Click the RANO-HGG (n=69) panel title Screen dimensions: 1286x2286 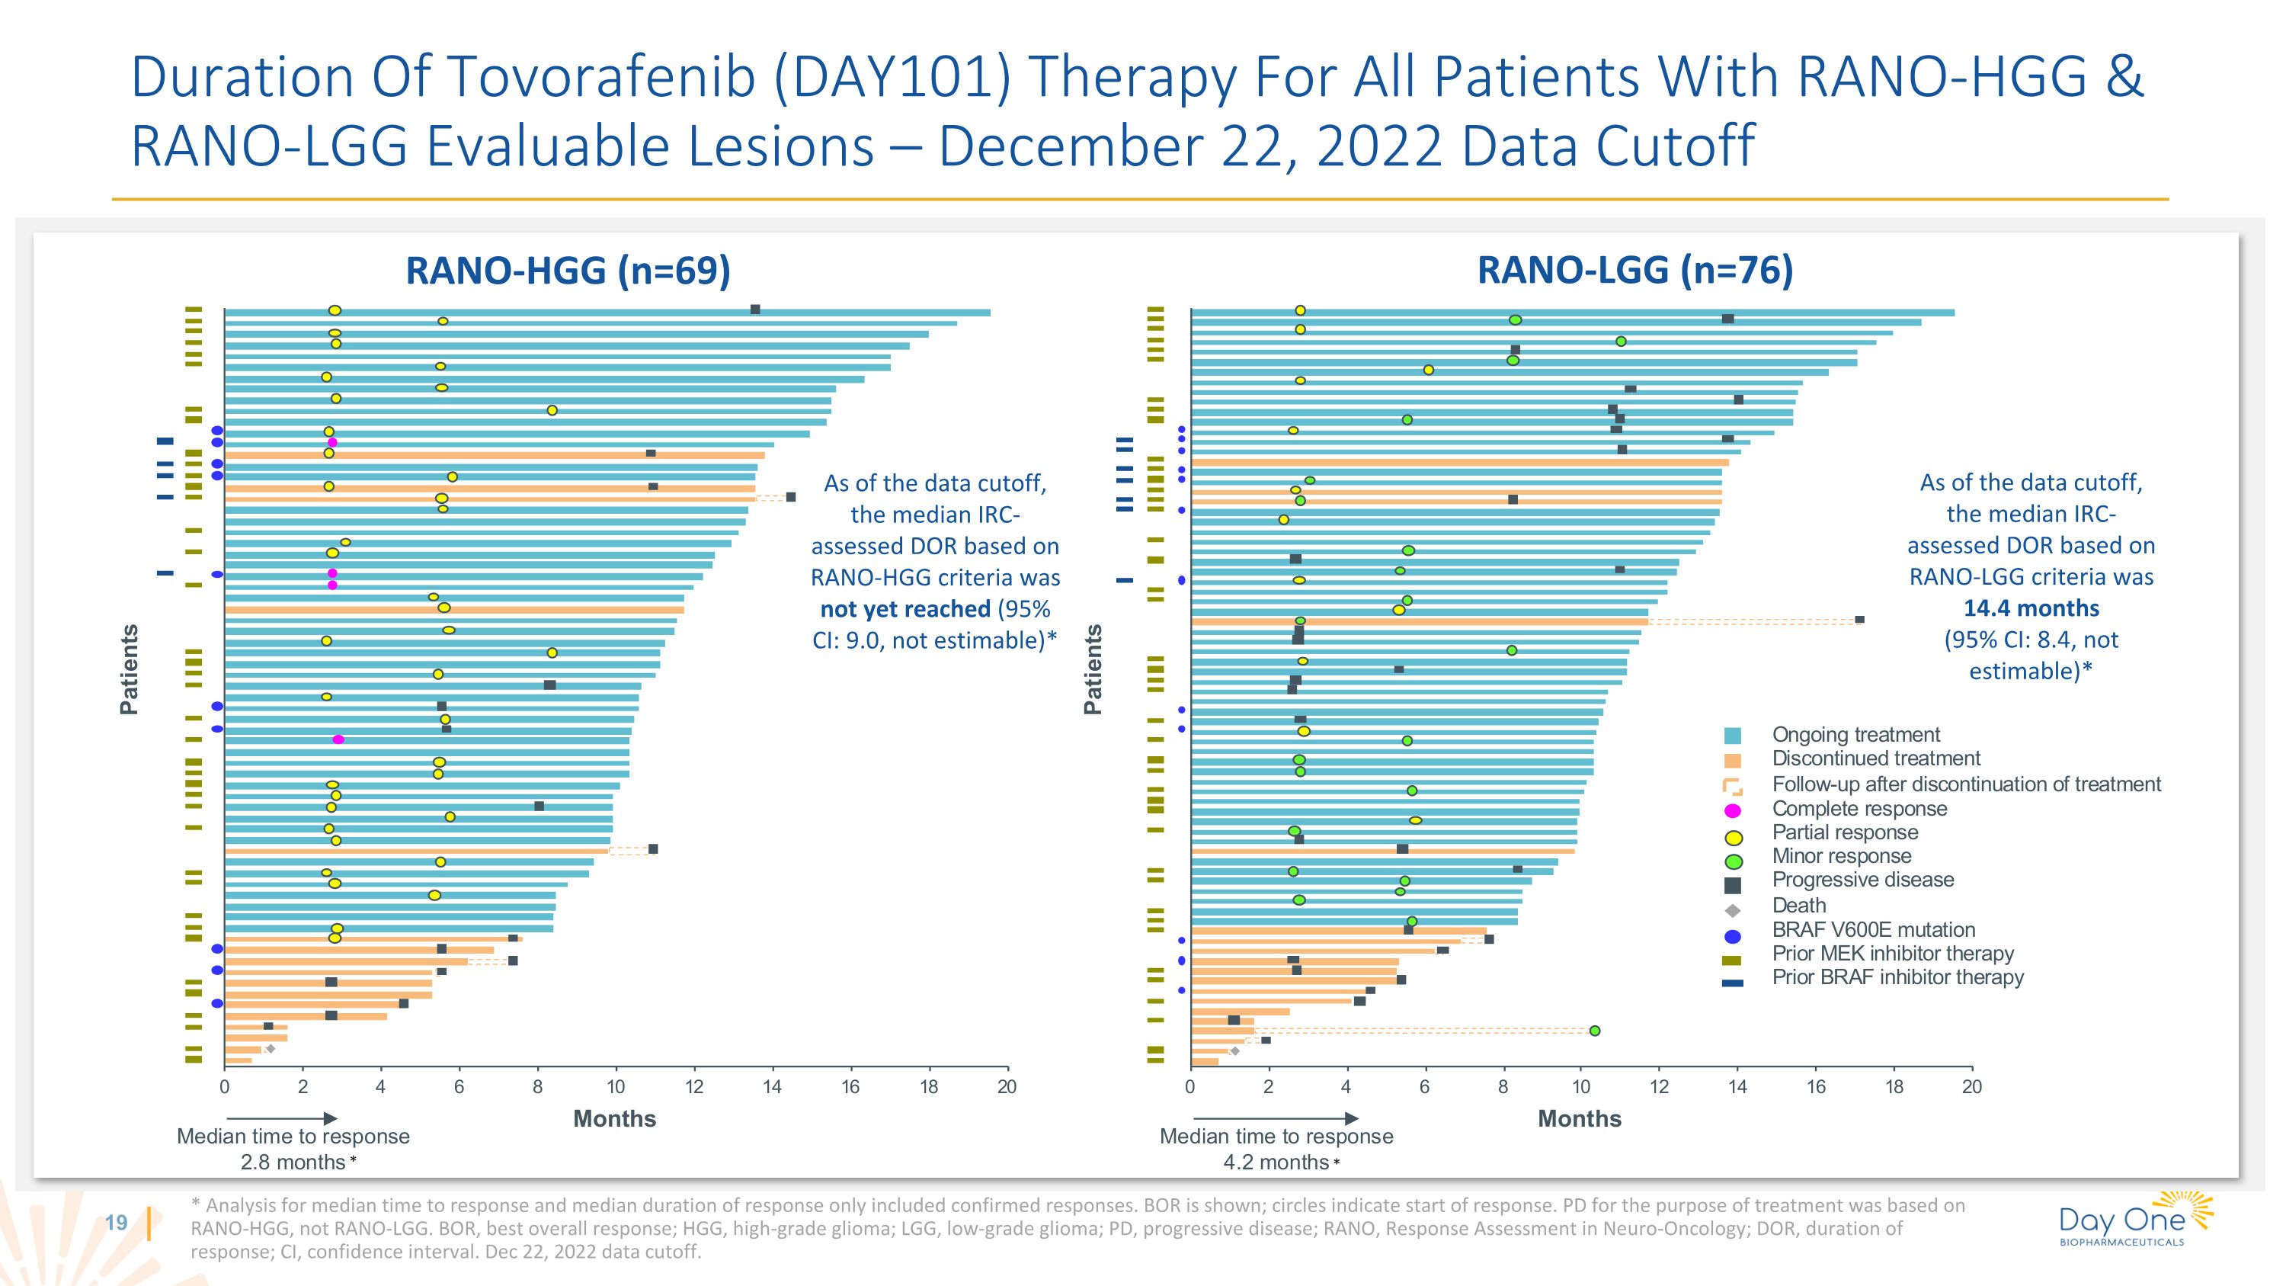(568, 271)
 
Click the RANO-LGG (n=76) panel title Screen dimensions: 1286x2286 (1634, 270)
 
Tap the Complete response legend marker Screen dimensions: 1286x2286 (1732, 810)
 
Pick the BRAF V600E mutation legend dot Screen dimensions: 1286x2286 (1732, 935)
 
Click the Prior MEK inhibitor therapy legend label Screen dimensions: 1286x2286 (1892, 953)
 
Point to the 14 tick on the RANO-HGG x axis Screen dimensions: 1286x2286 (772, 1086)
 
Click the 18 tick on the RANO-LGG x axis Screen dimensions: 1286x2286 (1894, 1086)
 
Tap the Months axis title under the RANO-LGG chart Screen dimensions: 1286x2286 (1579, 1118)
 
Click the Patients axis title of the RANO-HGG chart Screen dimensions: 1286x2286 (130, 669)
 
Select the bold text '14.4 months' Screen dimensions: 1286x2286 (2031, 608)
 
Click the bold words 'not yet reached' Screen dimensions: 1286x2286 (904, 609)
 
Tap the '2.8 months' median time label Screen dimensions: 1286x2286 (293, 1162)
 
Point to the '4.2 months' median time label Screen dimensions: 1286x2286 (1276, 1162)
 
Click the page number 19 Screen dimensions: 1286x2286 (117, 1222)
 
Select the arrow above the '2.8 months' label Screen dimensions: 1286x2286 (282, 1118)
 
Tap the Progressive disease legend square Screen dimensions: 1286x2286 (1732, 885)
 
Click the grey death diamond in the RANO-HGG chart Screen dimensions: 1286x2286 (271, 1049)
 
